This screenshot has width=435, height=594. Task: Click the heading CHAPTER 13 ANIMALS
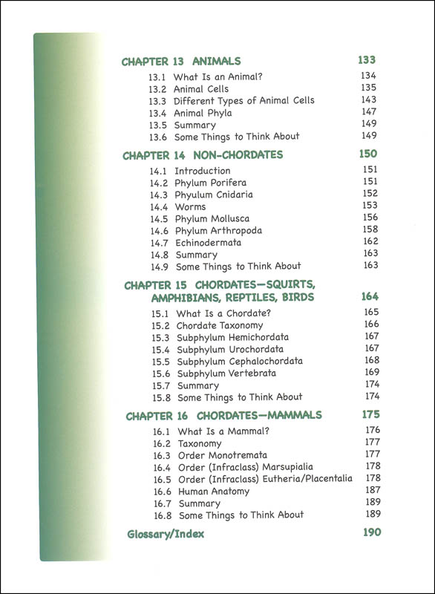pyautogui.click(x=181, y=62)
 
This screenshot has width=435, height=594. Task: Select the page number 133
pyautogui.click(x=367, y=60)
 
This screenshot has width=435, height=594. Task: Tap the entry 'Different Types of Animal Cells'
pyautogui.click(x=243, y=100)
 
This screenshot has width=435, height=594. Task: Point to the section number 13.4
pyautogui.click(x=157, y=113)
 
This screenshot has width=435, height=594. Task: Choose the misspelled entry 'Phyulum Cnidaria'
pyautogui.click(x=213, y=195)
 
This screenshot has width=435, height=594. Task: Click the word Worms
pyautogui.click(x=190, y=206)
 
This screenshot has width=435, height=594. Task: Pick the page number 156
pyautogui.click(x=370, y=218)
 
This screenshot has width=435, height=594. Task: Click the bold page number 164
pyautogui.click(x=370, y=296)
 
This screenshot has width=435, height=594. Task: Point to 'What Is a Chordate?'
pyautogui.click(x=223, y=313)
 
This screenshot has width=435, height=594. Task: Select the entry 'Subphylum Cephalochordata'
pyautogui.click(x=239, y=361)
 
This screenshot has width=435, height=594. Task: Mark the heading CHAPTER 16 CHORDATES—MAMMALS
pyautogui.click(x=223, y=416)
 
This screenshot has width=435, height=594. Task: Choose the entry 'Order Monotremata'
pyautogui.click(x=222, y=455)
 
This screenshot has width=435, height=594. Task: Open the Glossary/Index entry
pyautogui.click(x=166, y=534)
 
